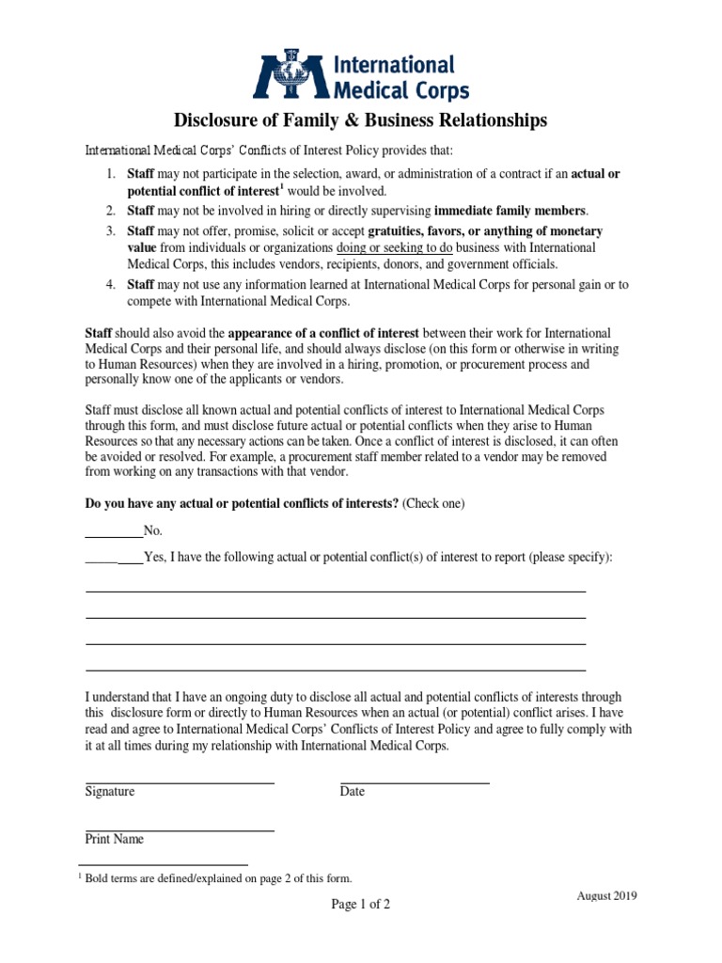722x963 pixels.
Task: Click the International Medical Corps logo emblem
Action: pyautogui.click(x=283, y=77)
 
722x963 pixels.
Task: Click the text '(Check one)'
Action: pyautogui.click(x=433, y=504)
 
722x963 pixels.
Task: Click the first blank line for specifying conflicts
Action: pyautogui.click(x=336, y=592)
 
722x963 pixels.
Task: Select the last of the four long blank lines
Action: pyautogui.click(x=336, y=670)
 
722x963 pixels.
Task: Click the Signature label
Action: pyautogui.click(x=110, y=792)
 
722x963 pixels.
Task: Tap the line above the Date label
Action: pyautogui.click(x=415, y=782)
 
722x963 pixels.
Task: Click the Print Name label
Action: pyautogui.click(x=115, y=839)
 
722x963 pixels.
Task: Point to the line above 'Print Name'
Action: pyautogui.click(x=180, y=830)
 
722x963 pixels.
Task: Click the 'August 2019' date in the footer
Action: pyautogui.click(x=606, y=896)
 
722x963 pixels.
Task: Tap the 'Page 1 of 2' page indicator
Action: pyautogui.click(x=360, y=905)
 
